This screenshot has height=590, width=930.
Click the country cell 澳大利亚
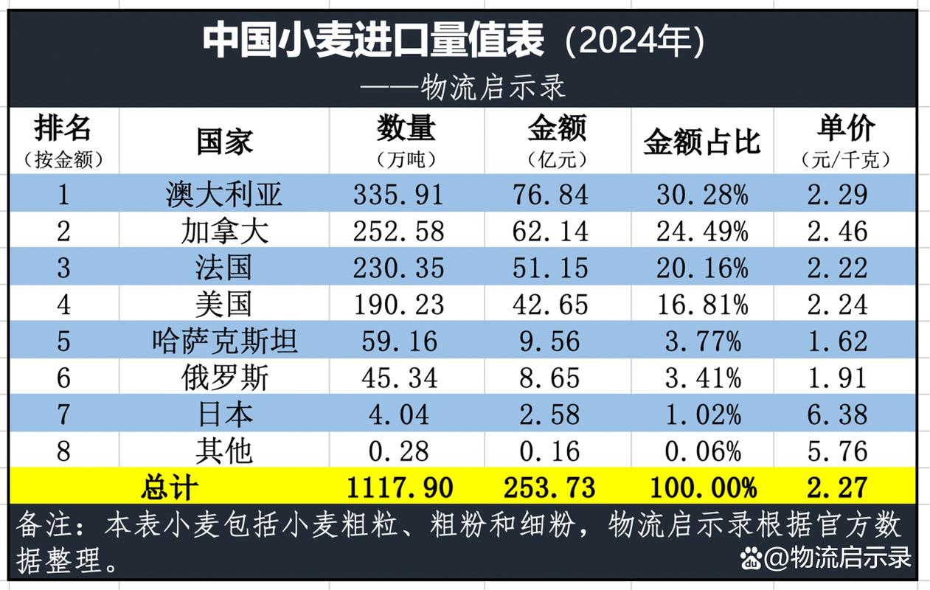coord(223,195)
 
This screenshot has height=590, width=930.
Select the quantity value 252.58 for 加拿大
coord(398,232)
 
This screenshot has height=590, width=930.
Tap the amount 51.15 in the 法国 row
coord(552,268)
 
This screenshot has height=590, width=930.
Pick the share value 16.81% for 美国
coord(702,304)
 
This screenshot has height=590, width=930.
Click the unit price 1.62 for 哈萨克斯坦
coord(837,341)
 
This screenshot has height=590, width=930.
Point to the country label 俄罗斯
coord(224,378)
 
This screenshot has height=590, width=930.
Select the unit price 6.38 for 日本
coord(837,414)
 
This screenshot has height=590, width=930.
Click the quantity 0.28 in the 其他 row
coord(398,451)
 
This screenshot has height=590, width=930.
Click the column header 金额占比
coord(701,142)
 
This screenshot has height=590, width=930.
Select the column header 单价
coord(845,129)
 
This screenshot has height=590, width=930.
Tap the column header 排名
coord(63,128)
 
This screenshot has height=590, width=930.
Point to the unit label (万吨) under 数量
coord(406,160)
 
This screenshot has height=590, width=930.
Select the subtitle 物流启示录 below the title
coord(493,87)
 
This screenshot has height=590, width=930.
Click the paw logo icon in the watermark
coord(752,558)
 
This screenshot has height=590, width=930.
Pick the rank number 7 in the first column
coord(63,414)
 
